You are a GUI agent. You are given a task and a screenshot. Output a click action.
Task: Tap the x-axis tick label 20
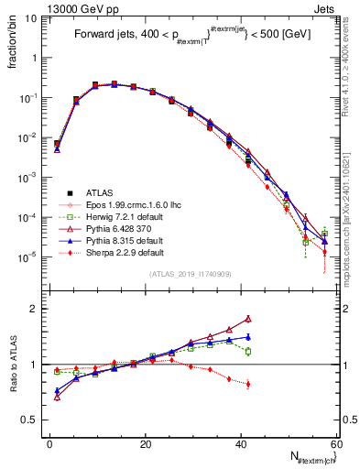click(x=146, y=443)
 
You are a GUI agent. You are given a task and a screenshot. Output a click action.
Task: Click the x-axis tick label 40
click(x=241, y=443)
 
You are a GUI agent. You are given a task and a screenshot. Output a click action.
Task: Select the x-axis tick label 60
click(x=336, y=443)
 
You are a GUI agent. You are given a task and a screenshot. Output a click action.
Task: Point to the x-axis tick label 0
click(x=50, y=443)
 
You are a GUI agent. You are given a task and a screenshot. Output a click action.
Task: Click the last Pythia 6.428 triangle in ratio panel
click(x=248, y=319)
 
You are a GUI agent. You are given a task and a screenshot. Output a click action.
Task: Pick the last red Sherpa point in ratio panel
click(x=248, y=384)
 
